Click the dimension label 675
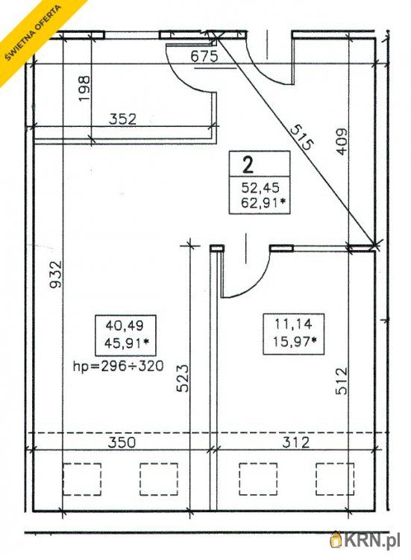pos(204,57)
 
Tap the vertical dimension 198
pos(84,88)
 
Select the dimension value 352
pos(122,119)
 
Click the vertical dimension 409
pos(342,141)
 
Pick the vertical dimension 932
pos(56,274)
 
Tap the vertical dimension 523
pos(183,379)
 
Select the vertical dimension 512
pos(342,381)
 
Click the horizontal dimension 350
pos(122,443)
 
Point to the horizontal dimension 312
pos(296,443)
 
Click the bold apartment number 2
pos(248,165)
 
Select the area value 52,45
pos(260,187)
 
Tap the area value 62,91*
pos(263,203)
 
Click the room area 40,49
pos(125,326)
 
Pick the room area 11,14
pos(294,324)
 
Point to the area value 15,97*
pos(295,342)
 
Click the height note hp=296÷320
pos(118,366)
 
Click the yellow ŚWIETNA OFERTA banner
pos(34,32)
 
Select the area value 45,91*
pos(127,343)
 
